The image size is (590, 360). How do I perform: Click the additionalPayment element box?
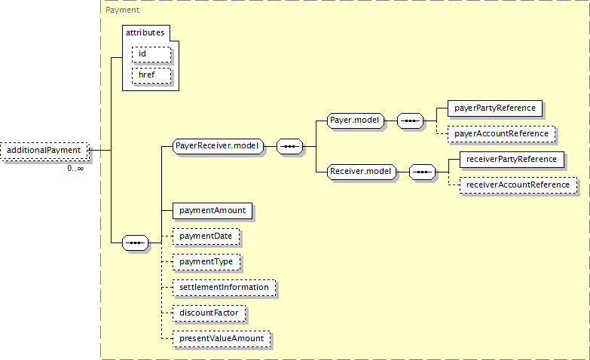[44, 151]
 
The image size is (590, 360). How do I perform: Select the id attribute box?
[151, 54]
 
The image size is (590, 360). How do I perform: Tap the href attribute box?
[151, 75]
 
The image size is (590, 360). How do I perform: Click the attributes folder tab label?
[145, 32]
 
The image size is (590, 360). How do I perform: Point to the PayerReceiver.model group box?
[218, 146]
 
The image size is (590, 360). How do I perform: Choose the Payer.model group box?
[355, 121]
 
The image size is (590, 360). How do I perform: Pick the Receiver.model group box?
[361, 172]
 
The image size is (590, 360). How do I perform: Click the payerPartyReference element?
[495, 108]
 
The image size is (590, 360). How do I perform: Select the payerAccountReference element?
[501, 134]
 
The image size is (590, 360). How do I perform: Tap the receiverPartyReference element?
[512, 160]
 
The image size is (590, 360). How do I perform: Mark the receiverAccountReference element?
[518, 185]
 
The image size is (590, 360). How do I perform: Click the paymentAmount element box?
[212, 211]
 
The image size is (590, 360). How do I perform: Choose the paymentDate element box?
[206, 236]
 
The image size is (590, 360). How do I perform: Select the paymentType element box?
[206, 262]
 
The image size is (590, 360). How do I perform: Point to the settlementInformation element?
[224, 288]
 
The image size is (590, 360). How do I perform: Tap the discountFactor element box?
[209, 313]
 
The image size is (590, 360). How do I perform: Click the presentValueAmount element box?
[222, 339]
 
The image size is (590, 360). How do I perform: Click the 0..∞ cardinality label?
[75, 169]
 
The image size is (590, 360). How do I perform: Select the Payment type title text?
[122, 10]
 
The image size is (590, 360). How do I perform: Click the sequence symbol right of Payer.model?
[410, 121]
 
